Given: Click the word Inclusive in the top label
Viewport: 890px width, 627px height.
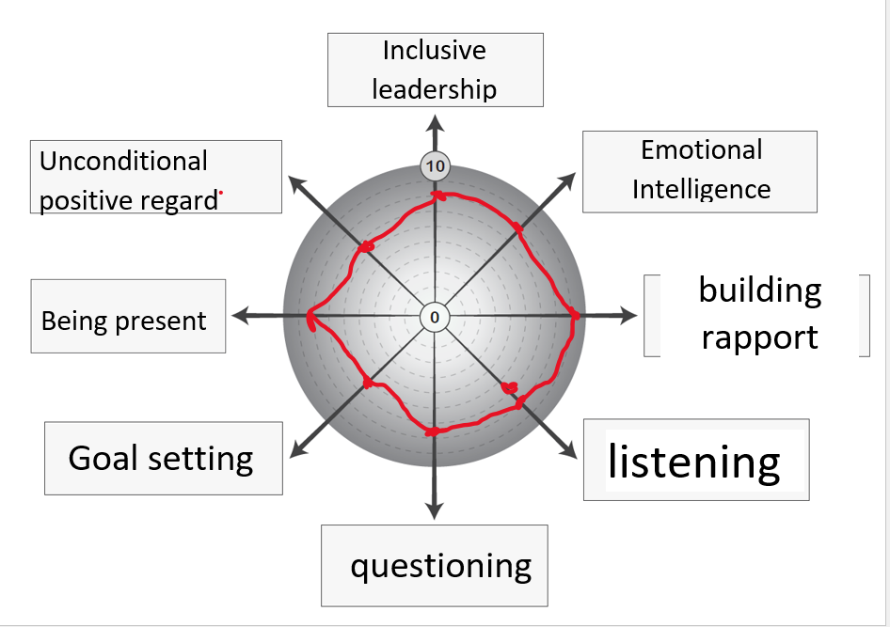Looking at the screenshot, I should tap(434, 51).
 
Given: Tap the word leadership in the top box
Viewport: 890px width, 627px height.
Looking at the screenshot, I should tap(434, 89).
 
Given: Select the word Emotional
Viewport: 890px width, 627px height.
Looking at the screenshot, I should tap(701, 150).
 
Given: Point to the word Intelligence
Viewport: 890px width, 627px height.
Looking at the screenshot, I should tap(701, 189).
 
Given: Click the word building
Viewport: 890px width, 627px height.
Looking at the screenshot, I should tap(760, 290).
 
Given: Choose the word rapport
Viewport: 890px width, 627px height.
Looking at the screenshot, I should tap(760, 337).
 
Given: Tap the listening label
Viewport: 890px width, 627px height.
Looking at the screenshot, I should tap(694, 462).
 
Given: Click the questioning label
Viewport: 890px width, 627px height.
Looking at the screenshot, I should tap(441, 566).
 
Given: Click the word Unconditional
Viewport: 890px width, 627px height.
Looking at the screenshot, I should tap(123, 161).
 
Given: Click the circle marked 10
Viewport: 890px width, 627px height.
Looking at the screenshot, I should tap(435, 167).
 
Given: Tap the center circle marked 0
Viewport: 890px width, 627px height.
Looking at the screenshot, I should tap(435, 317).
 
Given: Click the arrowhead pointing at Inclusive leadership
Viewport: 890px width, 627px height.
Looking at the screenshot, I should tap(435, 122).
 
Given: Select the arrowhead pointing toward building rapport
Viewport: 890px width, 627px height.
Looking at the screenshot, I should tap(628, 317).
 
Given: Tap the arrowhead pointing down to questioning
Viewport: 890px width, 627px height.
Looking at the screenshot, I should tap(435, 510).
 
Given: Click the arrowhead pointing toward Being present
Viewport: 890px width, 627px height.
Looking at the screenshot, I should tap(241, 317).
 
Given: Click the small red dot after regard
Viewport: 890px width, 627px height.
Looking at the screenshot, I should tap(221, 193).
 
